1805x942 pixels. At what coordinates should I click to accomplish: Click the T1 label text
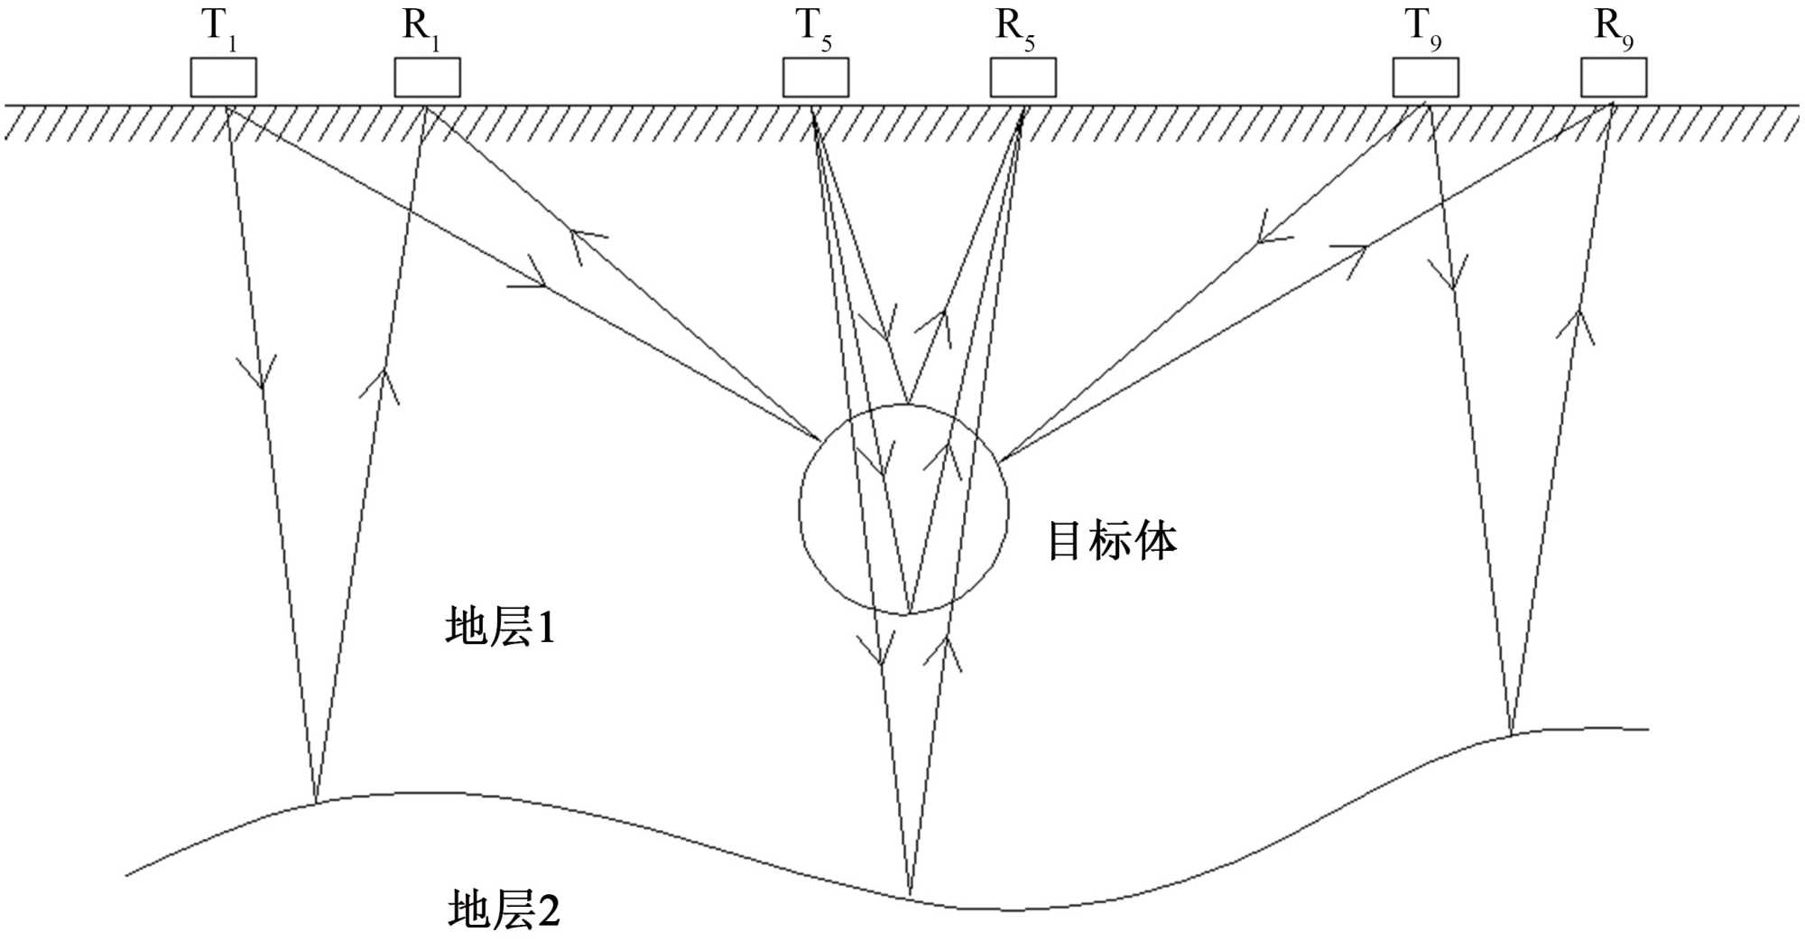(219, 28)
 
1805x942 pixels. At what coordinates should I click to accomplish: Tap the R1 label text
(421, 28)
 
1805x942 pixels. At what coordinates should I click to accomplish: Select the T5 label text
(814, 28)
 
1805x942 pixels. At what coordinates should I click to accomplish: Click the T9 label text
(1423, 28)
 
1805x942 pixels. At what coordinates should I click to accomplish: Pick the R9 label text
(1614, 28)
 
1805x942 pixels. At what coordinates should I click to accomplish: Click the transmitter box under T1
(223, 78)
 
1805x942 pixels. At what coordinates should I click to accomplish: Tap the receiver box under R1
(427, 78)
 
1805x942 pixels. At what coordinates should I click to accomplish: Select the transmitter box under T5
(815, 78)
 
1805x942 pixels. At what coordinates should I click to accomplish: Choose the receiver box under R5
(1023, 78)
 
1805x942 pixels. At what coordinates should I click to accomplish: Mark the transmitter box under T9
(1425, 78)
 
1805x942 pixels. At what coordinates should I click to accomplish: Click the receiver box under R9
(1613, 78)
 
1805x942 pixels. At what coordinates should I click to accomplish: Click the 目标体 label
(1112, 542)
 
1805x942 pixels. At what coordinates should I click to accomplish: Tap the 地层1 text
(500, 626)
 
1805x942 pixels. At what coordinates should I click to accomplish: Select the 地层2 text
(504, 909)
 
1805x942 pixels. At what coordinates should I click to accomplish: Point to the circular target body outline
(800, 510)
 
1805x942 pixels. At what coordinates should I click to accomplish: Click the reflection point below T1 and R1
(315, 801)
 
